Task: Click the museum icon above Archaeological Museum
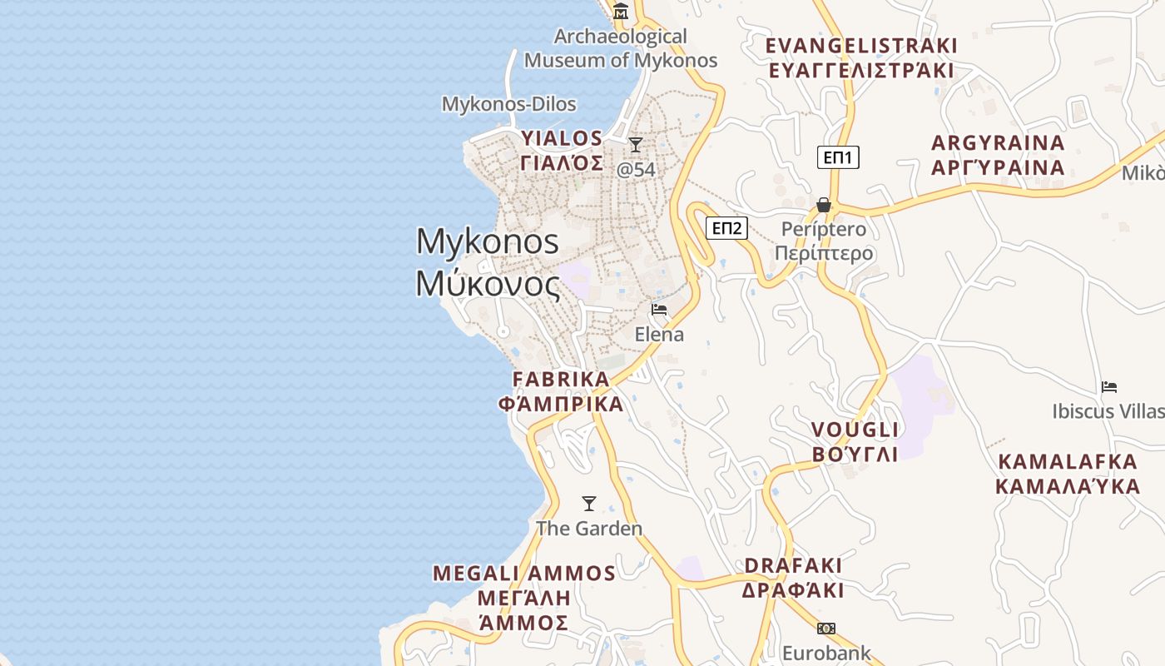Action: [621, 12]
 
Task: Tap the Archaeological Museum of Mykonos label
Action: [621, 48]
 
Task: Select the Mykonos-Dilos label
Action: [508, 104]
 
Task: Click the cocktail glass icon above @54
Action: [636, 146]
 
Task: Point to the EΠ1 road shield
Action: [838, 157]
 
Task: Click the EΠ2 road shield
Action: [726, 228]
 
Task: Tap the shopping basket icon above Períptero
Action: [824, 205]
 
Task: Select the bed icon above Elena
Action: [659, 311]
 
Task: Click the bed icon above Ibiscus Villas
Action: [1108, 387]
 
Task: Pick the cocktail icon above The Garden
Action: [589, 504]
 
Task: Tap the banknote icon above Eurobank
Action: [826, 629]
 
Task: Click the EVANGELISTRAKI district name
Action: [861, 46]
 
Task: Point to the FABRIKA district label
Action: [561, 380]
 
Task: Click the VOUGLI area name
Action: [855, 430]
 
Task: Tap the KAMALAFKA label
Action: [1067, 462]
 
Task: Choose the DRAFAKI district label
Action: [793, 566]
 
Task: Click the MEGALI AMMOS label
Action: [524, 574]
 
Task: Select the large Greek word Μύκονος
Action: [488, 284]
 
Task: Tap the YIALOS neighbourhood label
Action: [562, 138]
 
